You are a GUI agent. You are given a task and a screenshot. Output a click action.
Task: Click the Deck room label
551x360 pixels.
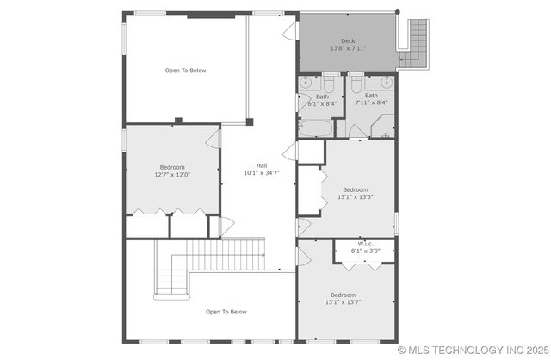point(348,40)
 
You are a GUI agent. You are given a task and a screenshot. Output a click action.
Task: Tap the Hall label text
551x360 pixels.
point(261,165)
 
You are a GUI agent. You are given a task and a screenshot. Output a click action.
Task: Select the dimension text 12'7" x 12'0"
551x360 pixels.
point(172,174)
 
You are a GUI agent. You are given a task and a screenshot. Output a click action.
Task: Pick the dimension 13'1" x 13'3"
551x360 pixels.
point(355,197)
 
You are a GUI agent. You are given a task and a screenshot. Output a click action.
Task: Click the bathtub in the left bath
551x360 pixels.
point(316,128)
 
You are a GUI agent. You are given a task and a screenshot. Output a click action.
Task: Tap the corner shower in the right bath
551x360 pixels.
point(382,128)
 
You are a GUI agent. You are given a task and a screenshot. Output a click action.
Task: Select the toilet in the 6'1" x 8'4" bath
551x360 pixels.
point(329,84)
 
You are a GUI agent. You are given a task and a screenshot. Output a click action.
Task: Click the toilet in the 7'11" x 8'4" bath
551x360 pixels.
point(356,84)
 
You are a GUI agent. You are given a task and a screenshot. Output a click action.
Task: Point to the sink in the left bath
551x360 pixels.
point(307,84)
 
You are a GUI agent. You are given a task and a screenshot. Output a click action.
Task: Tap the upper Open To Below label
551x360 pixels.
point(186,71)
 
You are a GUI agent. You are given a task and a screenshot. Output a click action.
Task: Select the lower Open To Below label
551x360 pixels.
point(226,312)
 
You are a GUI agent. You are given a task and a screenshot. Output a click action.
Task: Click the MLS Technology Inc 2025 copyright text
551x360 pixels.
point(473,351)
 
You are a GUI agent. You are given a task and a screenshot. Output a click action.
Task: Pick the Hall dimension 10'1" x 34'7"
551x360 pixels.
point(261,173)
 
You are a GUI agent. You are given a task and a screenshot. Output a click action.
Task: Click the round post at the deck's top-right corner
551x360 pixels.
point(398,12)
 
